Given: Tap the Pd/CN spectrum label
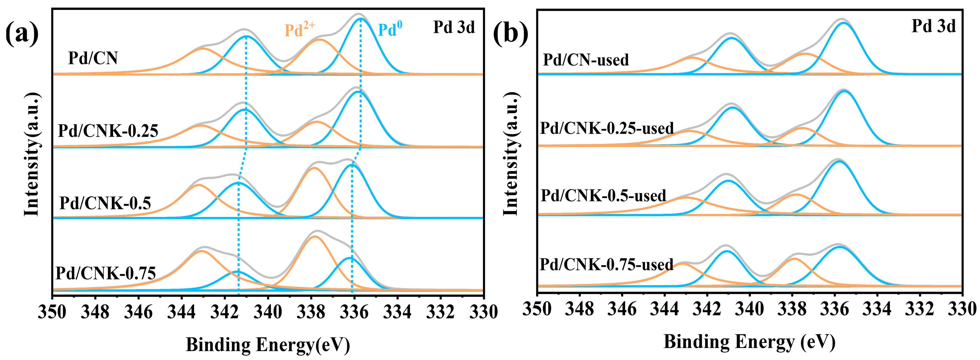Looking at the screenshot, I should pos(93,58).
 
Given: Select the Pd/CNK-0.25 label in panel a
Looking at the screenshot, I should pos(108,131).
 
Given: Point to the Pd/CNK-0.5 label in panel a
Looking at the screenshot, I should pos(105,203).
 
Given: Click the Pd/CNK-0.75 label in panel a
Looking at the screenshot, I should pos(105,273).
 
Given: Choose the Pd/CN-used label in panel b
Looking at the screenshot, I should pos(586,60).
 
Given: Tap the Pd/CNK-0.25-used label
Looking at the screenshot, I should pos(607,128).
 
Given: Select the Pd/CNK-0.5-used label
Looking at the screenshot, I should pos(603,195).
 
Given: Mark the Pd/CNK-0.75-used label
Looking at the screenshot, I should pos(606,264).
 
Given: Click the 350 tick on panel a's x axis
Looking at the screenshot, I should pos(52,312).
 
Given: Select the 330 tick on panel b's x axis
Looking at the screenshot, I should pos(961,310).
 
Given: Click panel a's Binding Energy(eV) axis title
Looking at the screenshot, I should pos(267,345).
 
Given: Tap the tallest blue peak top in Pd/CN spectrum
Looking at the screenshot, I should pos(360,18).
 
